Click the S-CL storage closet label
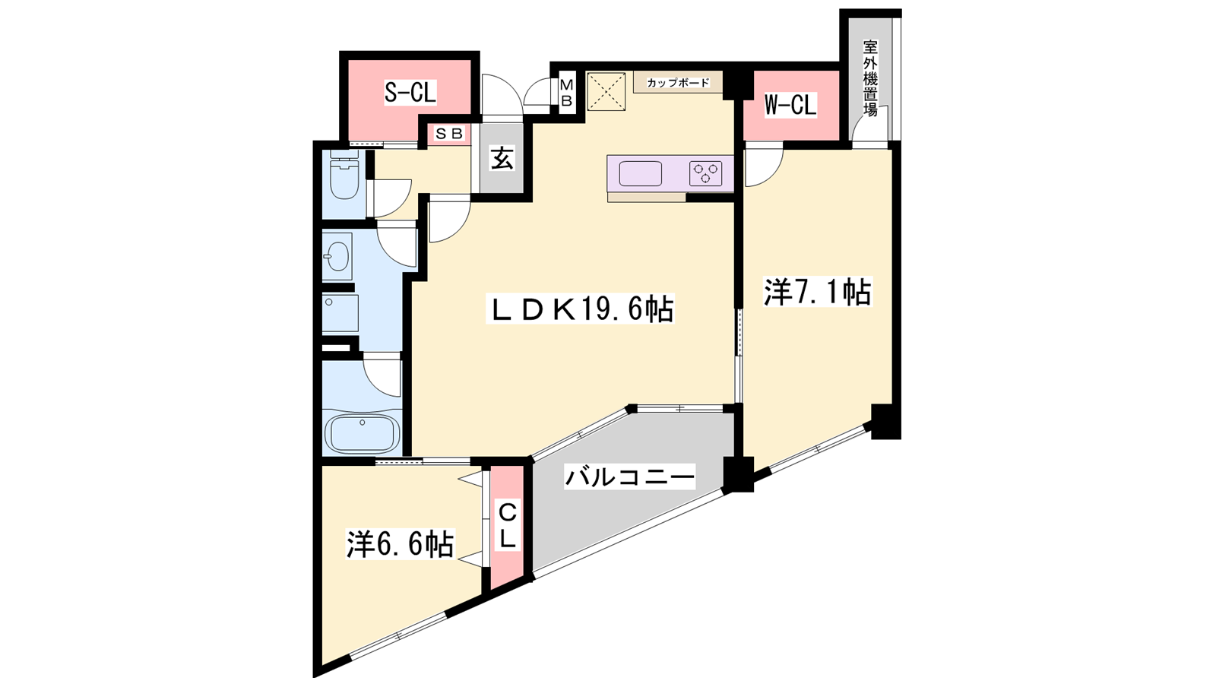pyautogui.click(x=410, y=93)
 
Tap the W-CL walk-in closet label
pyautogui.click(x=790, y=105)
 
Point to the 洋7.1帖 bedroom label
pyautogui.click(x=818, y=292)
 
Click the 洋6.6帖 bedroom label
pyautogui.click(x=401, y=543)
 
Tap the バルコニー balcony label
pyautogui.click(x=630, y=477)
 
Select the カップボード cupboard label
pyautogui.click(x=678, y=83)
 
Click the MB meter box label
pyautogui.click(x=566, y=93)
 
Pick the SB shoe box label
pyautogui.click(x=449, y=134)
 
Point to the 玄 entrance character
pyautogui.click(x=502, y=159)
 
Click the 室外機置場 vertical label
pyautogui.click(x=871, y=78)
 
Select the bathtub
pyautogui.click(x=362, y=433)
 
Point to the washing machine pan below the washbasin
pyautogui.click(x=340, y=312)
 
